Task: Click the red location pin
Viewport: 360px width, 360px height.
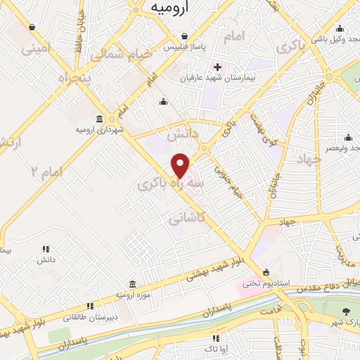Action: coord(181,165)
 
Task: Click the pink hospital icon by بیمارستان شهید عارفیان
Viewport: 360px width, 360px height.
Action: coord(218,67)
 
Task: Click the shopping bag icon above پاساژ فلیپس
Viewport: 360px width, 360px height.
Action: coord(184,36)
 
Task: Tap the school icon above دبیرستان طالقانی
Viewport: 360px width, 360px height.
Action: coord(89,306)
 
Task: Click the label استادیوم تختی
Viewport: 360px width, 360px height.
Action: coord(263,285)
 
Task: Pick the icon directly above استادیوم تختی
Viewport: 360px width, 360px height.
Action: coord(265,273)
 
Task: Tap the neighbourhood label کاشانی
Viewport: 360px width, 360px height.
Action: coord(186,219)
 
